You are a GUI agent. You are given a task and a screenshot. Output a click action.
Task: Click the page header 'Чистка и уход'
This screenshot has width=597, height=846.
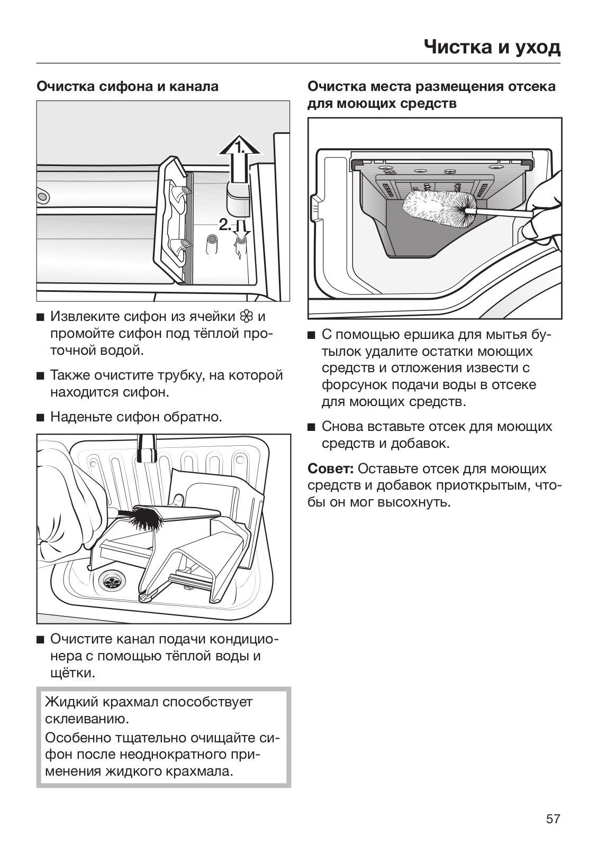pos(492,48)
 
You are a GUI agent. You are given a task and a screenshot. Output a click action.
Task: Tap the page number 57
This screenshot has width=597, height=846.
pos(553,819)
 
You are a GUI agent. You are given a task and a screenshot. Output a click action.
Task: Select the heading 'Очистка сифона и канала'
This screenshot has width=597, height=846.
pos(128,86)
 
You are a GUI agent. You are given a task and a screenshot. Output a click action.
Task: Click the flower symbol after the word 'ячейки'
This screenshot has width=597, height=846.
pos(246,317)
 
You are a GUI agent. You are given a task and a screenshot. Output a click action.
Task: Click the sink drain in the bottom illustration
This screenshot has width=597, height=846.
pos(112,582)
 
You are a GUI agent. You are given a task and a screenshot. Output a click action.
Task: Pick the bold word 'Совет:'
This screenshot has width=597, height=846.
pos(331,469)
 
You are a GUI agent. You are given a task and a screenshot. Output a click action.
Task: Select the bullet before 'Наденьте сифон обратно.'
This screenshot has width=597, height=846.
pos(40,418)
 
